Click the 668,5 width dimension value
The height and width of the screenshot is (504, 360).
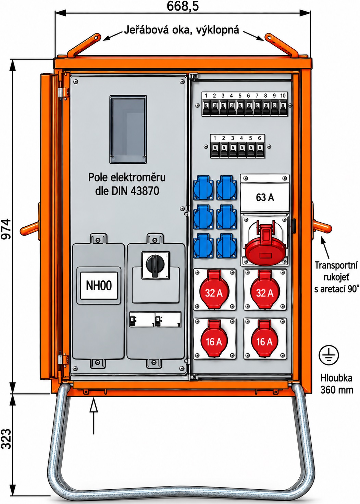tap(183, 6)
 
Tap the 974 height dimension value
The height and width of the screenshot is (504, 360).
tap(6, 229)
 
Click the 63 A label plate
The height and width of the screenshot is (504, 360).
tap(265, 197)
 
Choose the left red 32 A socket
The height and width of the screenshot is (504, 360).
tap(214, 290)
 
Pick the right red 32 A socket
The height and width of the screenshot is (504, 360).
tap(265, 290)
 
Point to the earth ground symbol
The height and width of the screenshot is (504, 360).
tap(329, 355)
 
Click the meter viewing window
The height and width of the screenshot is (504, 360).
tap(128, 129)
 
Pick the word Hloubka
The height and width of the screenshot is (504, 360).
tap(336, 378)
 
